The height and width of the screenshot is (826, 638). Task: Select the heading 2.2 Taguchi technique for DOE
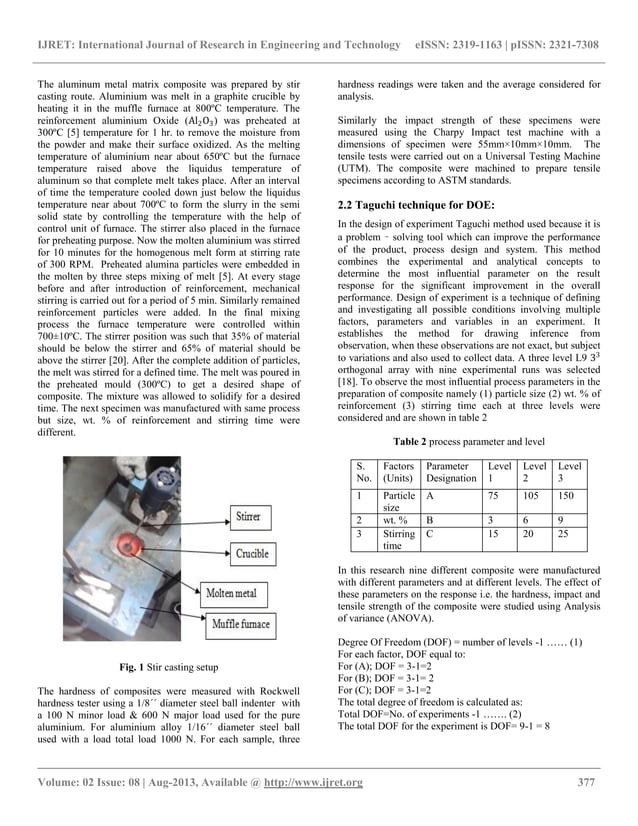pos(410,204)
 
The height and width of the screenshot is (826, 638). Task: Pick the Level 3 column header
pos(571,472)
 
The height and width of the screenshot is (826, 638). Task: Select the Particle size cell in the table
pos(399,500)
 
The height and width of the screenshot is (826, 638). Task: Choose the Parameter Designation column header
pos(451,472)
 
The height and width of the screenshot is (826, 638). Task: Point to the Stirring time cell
pos(399,541)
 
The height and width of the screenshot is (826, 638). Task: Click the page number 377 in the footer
pos(589,781)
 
